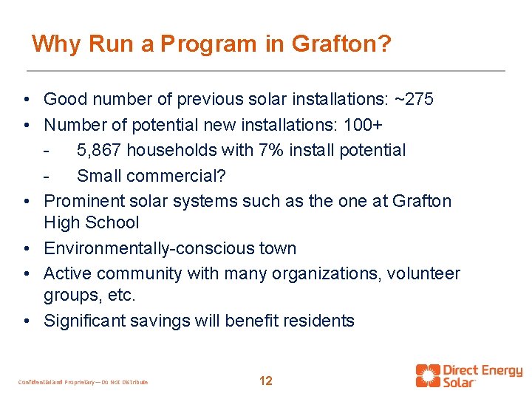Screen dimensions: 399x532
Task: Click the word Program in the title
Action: (208, 44)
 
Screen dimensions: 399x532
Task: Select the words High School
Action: (92, 222)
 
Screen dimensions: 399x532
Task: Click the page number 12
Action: (266, 381)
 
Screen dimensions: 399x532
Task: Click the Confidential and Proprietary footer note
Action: (83, 382)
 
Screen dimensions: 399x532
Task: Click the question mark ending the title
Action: (384, 44)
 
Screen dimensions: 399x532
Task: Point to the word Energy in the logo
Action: (499, 369)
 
